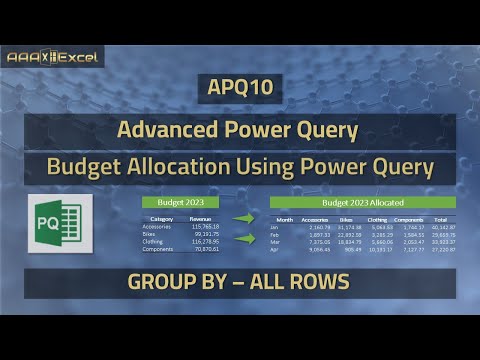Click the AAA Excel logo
(x=51, y=58)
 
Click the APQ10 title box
(x=239, y=88)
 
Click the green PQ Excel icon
(x=60, y=223)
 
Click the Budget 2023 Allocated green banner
(x=362, y=202)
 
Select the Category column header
(x=162, y=218)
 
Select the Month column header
(x=285, y=219)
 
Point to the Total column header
(x=441, y=219)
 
